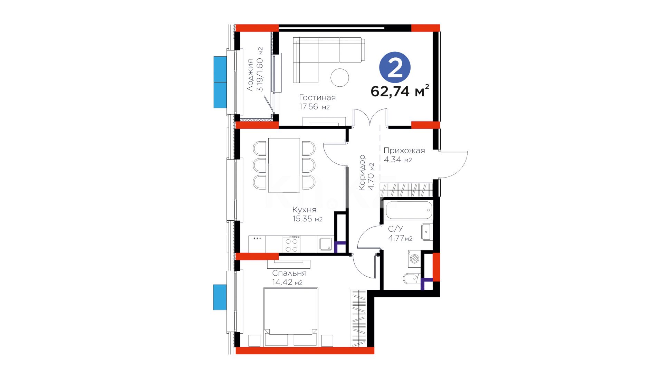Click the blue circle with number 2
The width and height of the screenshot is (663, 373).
coord(395,67)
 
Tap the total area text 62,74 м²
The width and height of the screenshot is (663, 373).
coord(400,91)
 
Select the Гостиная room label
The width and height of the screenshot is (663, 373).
coord(317,98)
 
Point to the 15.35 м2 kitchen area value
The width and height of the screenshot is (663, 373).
coord(307,219)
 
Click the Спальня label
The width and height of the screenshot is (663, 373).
coord(289,273)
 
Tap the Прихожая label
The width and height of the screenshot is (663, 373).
coord(404,151)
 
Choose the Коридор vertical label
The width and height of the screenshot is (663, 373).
coord(362,172)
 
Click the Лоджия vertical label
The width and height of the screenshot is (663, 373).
coord(250,75)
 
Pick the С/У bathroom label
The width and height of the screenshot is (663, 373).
coord(395,229)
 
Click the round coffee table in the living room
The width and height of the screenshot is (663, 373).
coord(340,77)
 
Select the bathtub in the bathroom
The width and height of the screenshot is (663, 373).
coord(409,210)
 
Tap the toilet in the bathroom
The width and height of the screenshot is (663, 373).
coord(411,278)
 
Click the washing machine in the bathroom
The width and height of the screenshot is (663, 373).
coord(414,259)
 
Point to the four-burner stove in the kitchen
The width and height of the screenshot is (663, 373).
coord(291,245)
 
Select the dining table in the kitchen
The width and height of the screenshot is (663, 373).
coord(284,165)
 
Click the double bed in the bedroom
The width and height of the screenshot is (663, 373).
coord(291,317)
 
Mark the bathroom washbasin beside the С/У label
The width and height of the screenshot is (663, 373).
coord(426,232)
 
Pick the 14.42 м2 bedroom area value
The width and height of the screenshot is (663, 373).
coord(287,282)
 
